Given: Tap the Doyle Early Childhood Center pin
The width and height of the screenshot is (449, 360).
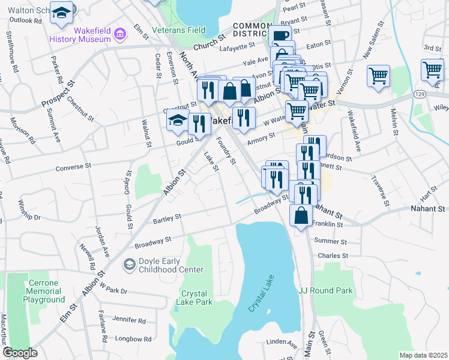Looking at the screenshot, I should tap(129, 264).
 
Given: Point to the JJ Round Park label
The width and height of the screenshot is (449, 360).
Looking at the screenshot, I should tap(326, 290).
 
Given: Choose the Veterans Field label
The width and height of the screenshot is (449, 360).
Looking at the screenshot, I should tap(178, 30).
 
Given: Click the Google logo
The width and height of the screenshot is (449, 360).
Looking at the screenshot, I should tap(20, 353).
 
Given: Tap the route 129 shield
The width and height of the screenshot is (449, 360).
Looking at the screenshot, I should tap(420, 95).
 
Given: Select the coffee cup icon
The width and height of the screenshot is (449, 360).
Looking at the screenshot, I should tap(279, 37).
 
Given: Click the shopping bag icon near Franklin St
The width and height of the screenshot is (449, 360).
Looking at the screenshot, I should tap(301, 216).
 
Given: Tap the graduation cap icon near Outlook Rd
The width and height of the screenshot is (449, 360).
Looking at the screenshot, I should tap(61, 13).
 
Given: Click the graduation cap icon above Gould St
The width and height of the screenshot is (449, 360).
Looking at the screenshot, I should tap(177, 121).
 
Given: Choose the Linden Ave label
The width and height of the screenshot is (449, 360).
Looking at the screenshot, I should tap(284, 345).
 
